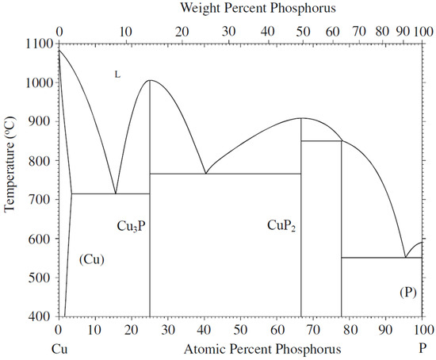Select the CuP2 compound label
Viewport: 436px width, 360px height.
point(281,227)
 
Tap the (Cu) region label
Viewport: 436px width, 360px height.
point(92,259)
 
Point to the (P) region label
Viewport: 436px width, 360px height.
point(407,293)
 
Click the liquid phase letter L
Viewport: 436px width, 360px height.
point(117,75)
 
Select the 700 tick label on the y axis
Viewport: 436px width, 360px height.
point(41,200)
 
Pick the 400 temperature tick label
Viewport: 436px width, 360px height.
point(41,316)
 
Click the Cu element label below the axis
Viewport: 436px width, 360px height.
point(59,349)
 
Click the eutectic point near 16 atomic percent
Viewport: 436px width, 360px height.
point(116,193)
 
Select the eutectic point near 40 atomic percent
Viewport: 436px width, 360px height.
point(205,174)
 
